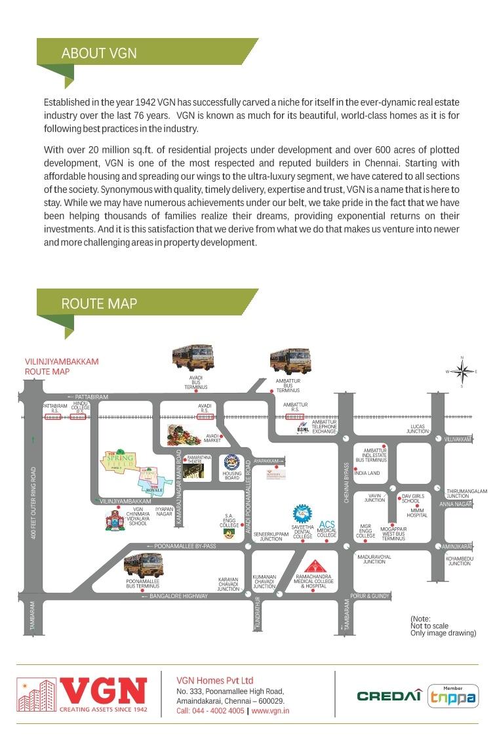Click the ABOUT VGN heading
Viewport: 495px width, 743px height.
[99, 53]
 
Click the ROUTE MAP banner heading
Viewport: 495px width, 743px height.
[99, 304]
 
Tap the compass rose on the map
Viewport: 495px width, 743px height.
[462, 372]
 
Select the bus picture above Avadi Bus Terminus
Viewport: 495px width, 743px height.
[194, 358]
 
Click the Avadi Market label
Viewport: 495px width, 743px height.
[212, 437]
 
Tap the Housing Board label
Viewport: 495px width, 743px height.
[232, 475]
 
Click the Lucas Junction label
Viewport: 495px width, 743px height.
[417, 429]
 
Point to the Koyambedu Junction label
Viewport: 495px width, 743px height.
[459, 561]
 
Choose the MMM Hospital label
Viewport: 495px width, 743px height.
[417, 513]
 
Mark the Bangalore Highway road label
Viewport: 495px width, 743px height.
[178, 596]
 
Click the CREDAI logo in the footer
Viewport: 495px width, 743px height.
[389, 696]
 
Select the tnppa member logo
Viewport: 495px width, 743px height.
[453, 696]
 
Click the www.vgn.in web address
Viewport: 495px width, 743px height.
[270, 711]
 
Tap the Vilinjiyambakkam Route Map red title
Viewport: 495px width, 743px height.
[62, 367]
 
